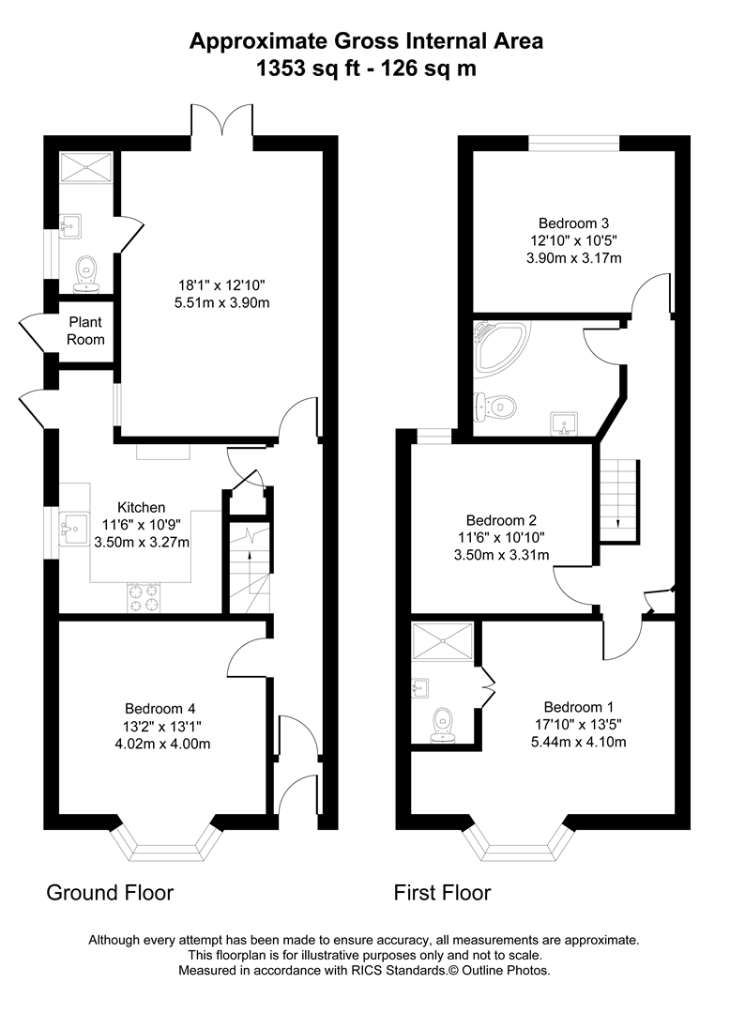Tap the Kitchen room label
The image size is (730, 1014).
[x=141, y=507]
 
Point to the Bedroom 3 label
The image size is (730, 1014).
[x=574, y=223]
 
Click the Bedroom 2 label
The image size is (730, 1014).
[x=501, y=519]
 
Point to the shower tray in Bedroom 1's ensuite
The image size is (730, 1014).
[x=442, y=645]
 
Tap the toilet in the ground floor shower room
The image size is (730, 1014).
[x=86, y=270]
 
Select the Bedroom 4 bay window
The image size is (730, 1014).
[x=166, y=841]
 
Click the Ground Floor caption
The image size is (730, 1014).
[x=110, y=892]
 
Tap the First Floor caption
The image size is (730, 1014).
[x=442, y=892]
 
